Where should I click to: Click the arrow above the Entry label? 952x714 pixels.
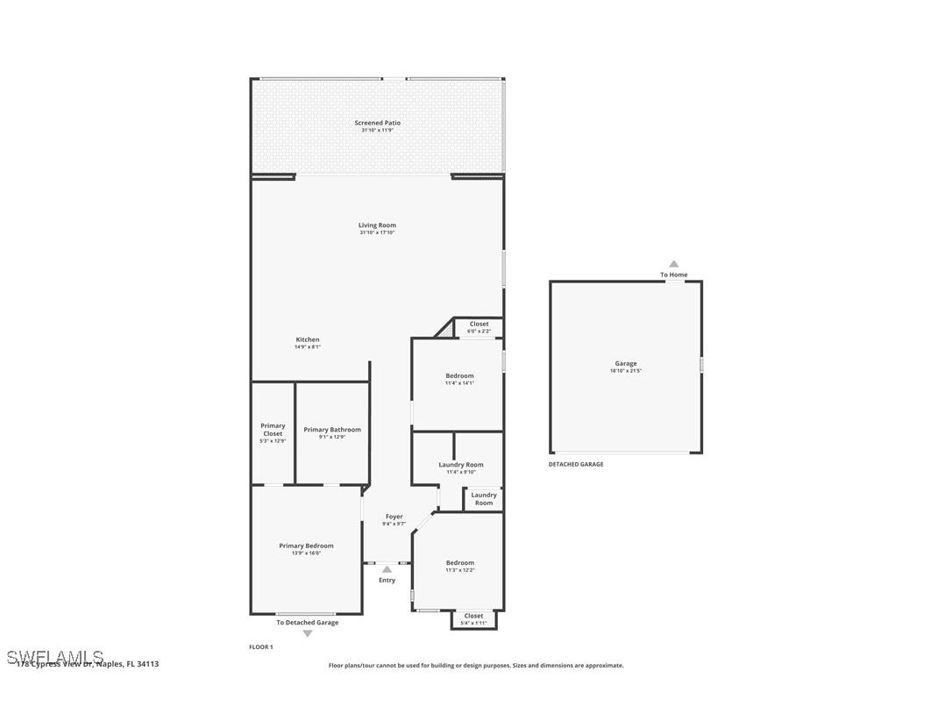(x=387, y=569)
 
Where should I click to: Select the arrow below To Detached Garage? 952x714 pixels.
(x=307, y=633)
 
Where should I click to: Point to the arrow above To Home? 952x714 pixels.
(x=673, y=263)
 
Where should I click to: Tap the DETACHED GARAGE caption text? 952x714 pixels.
(x=576, y=464)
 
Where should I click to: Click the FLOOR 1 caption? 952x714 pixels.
(x=261, y=646)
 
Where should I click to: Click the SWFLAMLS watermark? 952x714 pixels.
(x=55, y=657)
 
